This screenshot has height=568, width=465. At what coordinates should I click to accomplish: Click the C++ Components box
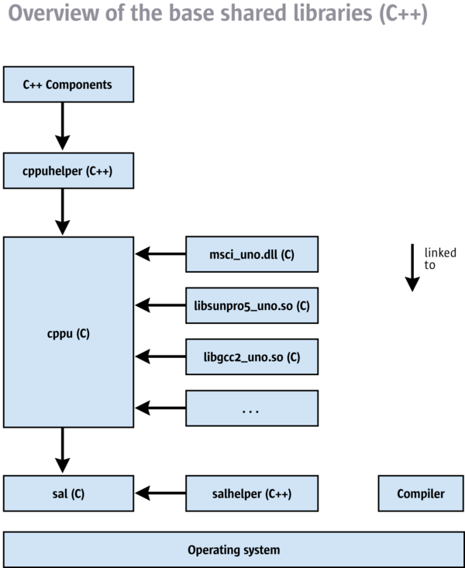pyautogui.click(x=68, y=84)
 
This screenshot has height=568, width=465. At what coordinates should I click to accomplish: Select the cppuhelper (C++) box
pyautogui.click(x=68, y=170)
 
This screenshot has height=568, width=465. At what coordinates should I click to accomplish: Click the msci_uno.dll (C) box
pyautogui.click(x=252, y=254)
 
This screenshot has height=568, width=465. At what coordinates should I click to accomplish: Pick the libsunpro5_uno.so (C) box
pyautogui.click(x=252, y=305)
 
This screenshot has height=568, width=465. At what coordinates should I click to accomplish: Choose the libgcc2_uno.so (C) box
pyautogui.click(x=252, y=357)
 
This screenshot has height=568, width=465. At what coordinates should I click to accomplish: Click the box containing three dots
pyautogui.click(x=252, y=408)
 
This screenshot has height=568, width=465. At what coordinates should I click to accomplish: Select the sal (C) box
pyautogui.click(x=68, y=494)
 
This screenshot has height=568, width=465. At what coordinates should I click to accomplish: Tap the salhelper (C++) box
pyautogui.click(x=252, y=494)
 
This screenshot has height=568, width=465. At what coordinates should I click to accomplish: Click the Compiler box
pyautogui.click(x=421, y=494)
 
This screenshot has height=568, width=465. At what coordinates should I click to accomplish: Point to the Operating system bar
pyautogui.click(x=233, y=550)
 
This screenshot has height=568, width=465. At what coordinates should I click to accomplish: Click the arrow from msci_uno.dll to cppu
pyautogui.click(x=160, y=253)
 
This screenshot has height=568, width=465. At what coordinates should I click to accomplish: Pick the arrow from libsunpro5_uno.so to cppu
pyautogui.click(x=160, y=305)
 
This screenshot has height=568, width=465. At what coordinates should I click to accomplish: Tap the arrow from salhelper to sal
pyautogui.click(x=160, y=493)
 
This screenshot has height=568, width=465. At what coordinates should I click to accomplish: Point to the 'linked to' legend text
pyautogui.click(x=439, y=259)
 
